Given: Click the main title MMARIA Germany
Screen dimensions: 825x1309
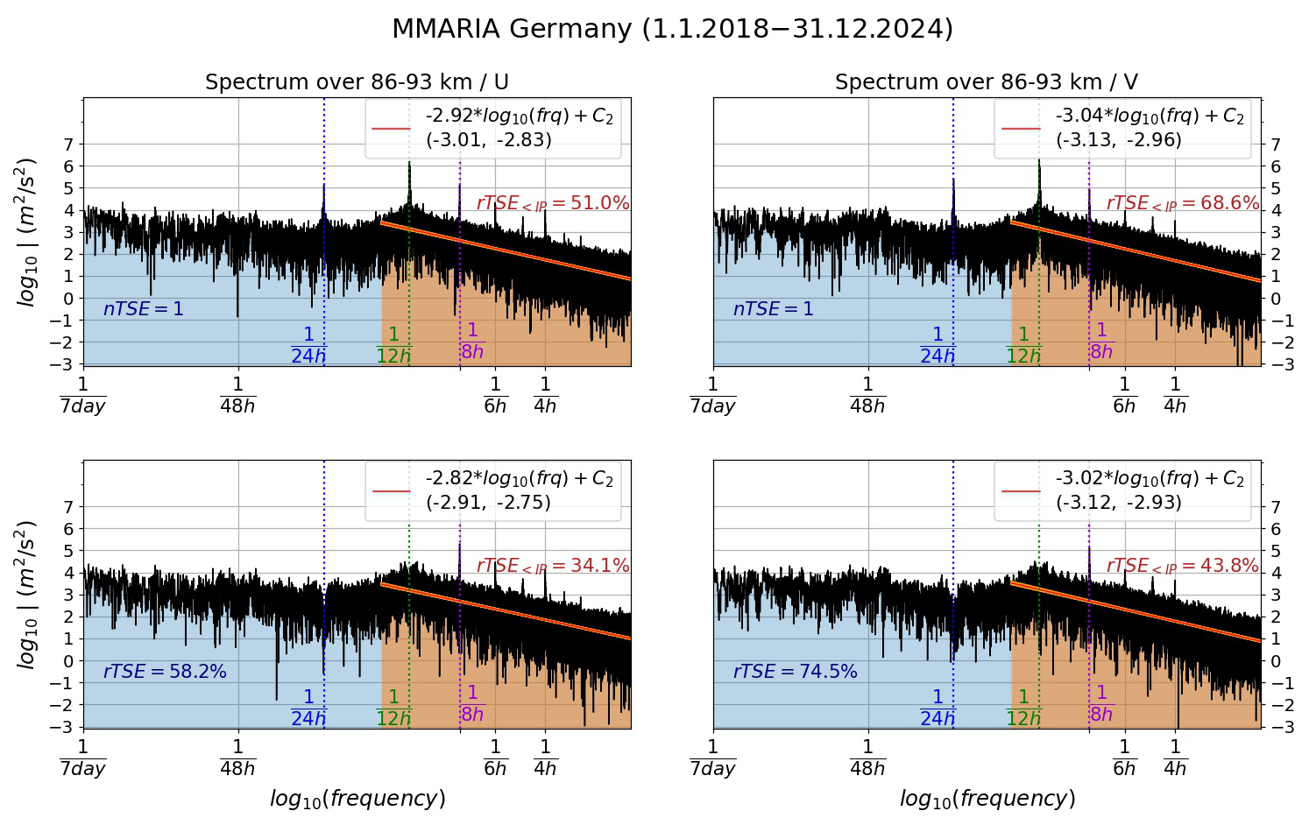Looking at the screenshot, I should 672,29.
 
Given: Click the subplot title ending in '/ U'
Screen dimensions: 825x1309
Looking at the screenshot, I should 357,82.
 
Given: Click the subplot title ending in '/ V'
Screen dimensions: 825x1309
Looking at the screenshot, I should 986,82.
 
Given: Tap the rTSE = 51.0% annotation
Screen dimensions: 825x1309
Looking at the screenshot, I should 553,203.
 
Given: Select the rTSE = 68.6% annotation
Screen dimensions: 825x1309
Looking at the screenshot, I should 1182,203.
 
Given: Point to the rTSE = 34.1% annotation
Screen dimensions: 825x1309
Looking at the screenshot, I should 553,566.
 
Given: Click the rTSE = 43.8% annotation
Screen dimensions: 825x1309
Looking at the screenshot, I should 1182,566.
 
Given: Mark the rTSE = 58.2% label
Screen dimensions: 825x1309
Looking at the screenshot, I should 165,672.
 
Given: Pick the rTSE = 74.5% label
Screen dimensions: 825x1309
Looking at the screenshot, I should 795,672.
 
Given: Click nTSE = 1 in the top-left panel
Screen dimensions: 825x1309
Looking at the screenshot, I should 144,309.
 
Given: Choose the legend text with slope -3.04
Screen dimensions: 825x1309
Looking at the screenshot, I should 1149,116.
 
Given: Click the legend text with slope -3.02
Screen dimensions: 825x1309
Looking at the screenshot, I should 1149,478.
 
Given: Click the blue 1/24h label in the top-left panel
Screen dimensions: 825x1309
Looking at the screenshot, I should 308,345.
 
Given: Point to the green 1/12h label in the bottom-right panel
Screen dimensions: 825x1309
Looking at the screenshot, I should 1023,708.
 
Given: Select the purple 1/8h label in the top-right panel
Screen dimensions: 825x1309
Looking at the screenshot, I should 1101,341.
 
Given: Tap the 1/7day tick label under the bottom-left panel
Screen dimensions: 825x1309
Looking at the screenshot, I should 83,758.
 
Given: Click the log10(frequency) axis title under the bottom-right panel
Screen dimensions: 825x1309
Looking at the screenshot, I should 987,799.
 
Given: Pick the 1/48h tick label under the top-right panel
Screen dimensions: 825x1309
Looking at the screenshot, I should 867,395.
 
